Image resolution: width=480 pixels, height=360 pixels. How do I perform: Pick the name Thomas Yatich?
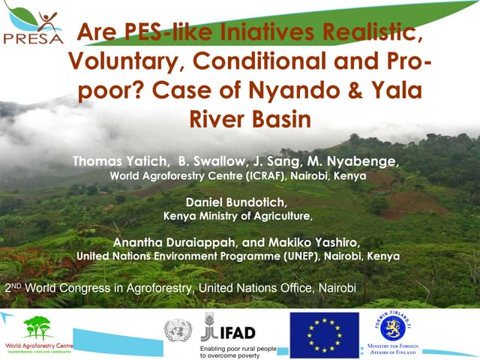(119, 161)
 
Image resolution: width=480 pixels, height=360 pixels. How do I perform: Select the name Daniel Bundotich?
(237, 202)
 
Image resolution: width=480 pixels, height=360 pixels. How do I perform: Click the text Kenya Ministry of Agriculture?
(237, 216)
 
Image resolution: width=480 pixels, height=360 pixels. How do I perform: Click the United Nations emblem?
(178, 329)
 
